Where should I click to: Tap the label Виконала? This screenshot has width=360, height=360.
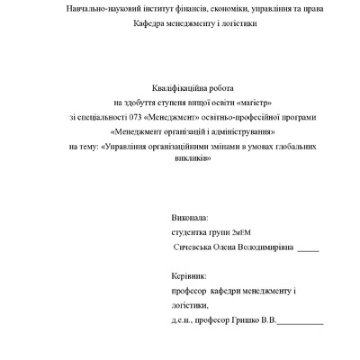tap(189, 218)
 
